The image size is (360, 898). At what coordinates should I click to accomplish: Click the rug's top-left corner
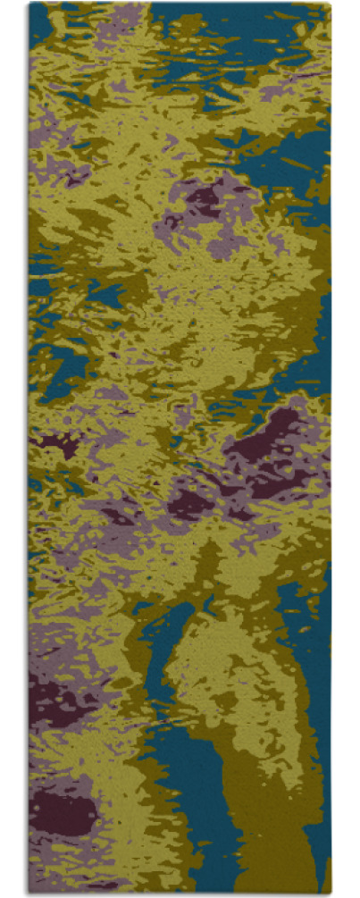(29, 4)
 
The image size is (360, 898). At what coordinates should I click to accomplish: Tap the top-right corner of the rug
(330, 4)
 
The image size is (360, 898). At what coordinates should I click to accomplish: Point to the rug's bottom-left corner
(29, 893)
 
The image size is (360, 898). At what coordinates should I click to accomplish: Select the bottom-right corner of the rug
(330, 893)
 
